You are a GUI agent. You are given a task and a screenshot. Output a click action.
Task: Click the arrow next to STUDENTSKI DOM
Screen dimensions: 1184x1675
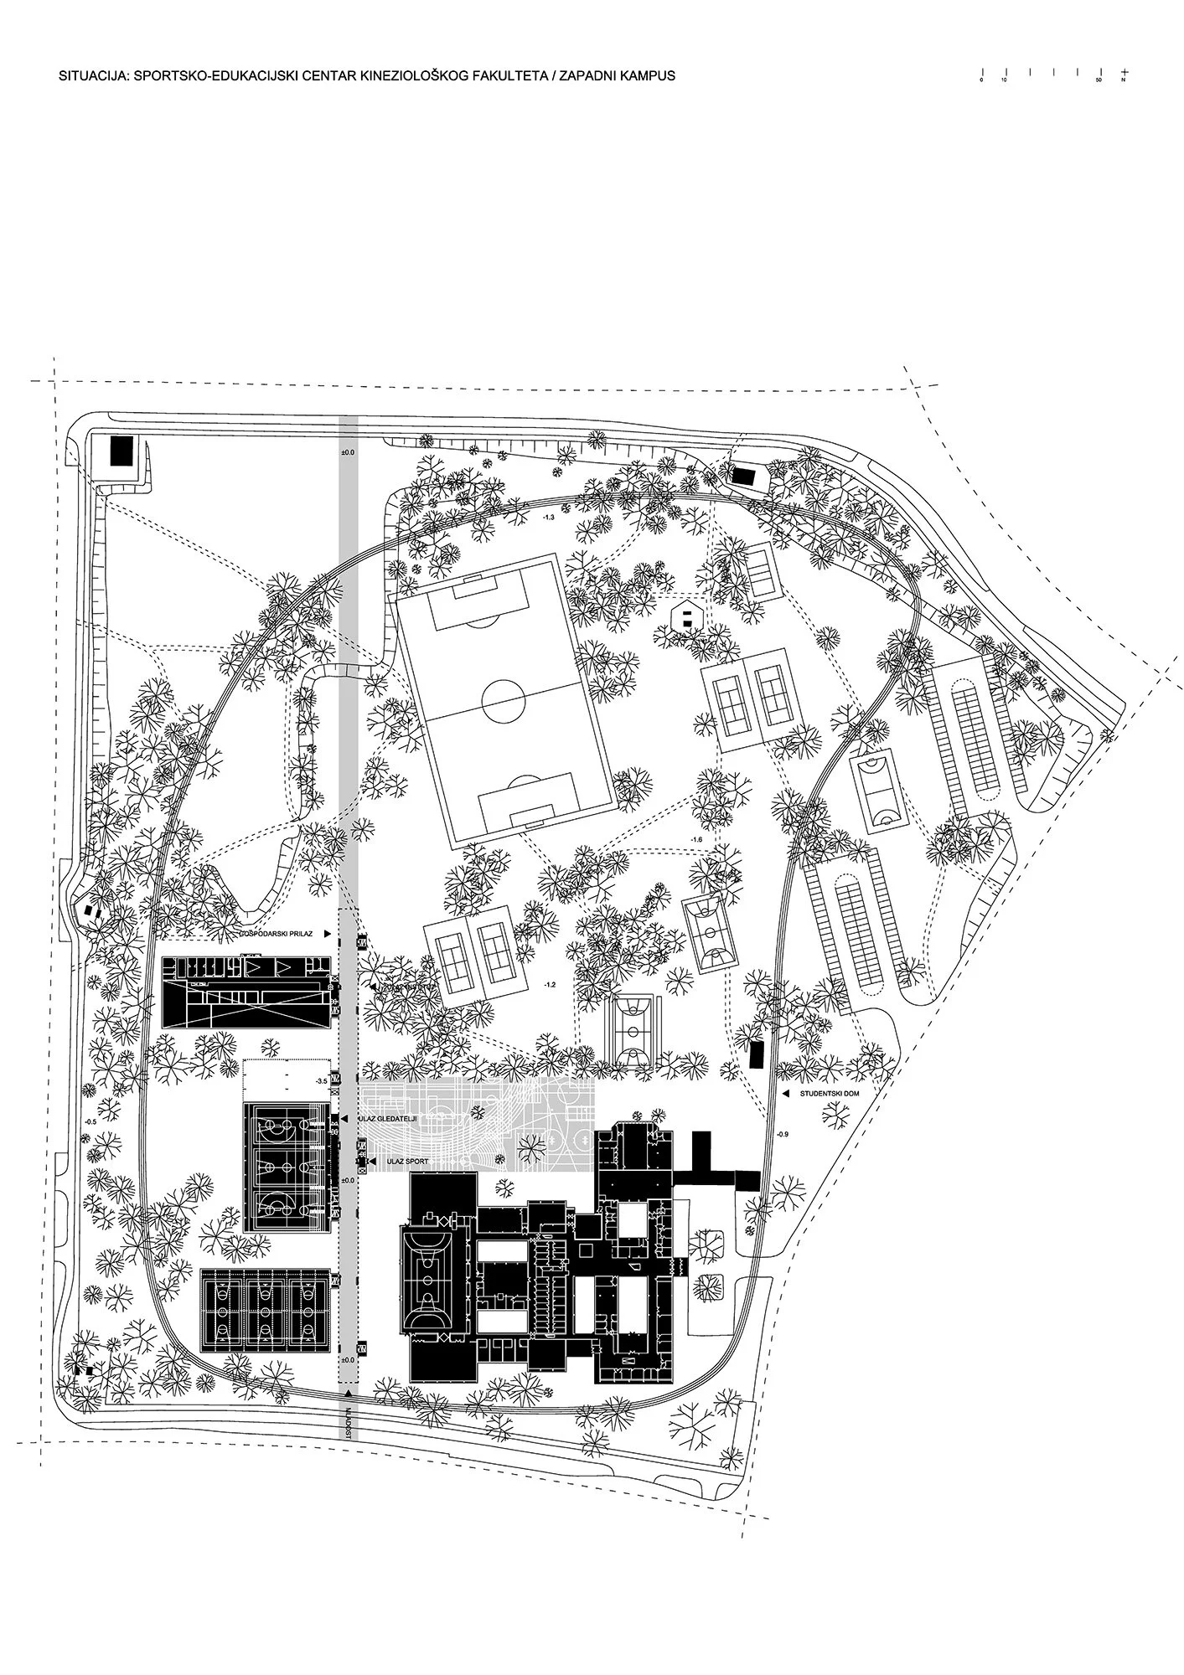point(786,1094)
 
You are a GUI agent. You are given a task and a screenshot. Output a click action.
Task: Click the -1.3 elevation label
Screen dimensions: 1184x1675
point(549,518)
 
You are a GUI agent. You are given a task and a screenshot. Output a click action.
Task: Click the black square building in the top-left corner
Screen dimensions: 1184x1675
point(122,453)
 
